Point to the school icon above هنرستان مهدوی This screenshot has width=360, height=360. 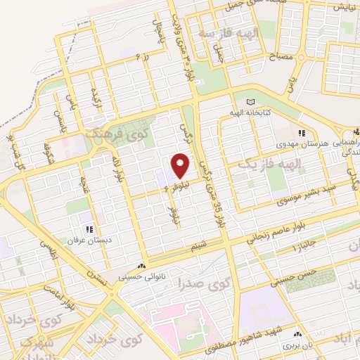click(x=302, y=133)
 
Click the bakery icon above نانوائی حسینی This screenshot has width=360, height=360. click(x=143, y=266)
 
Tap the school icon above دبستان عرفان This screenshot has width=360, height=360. click(x=89, y=229)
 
